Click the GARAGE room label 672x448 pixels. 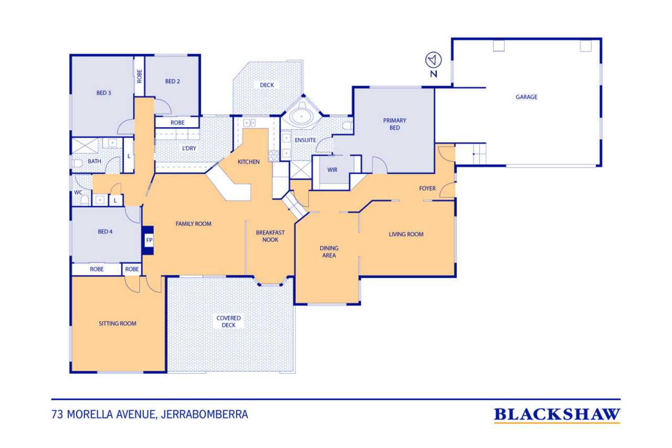pos(526,97)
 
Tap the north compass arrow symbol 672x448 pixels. pos(433,60)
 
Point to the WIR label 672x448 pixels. pos(332,170)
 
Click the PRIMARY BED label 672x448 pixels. pos(394,124)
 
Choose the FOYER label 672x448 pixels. pos(427,189)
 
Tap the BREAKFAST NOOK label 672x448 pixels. pos(270,236)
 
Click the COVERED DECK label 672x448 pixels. pos(228,321)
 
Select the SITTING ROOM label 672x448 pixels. pos(117,324)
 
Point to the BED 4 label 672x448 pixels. pos(105,232)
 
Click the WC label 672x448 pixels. pos(78,192)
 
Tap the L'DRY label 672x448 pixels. pos(189,148)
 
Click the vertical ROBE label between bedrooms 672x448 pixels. pos(140,76)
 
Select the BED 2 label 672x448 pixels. pos(173,81)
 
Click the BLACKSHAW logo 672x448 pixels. pos(557,415)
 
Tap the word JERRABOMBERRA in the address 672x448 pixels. pos(204,414)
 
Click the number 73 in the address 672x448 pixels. pos(57,414)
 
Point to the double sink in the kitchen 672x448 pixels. pos(249,123)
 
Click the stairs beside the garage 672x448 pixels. pos(471,154)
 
